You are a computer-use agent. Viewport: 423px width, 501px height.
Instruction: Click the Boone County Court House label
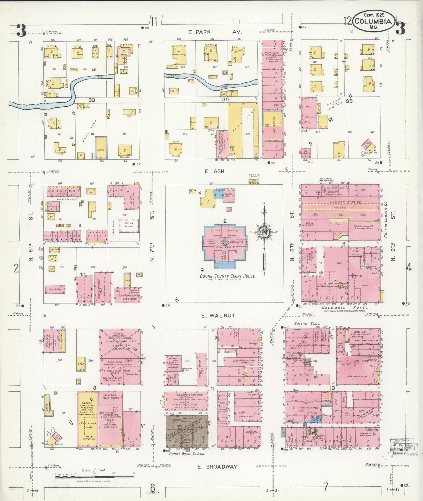(227, 276)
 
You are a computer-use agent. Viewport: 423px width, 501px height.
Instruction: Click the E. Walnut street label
(218, 316)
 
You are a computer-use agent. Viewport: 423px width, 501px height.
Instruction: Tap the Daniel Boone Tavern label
(187, 454)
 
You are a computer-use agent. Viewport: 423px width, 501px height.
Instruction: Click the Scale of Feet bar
(93, 477)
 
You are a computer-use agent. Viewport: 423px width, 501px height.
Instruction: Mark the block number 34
(225, 100)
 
